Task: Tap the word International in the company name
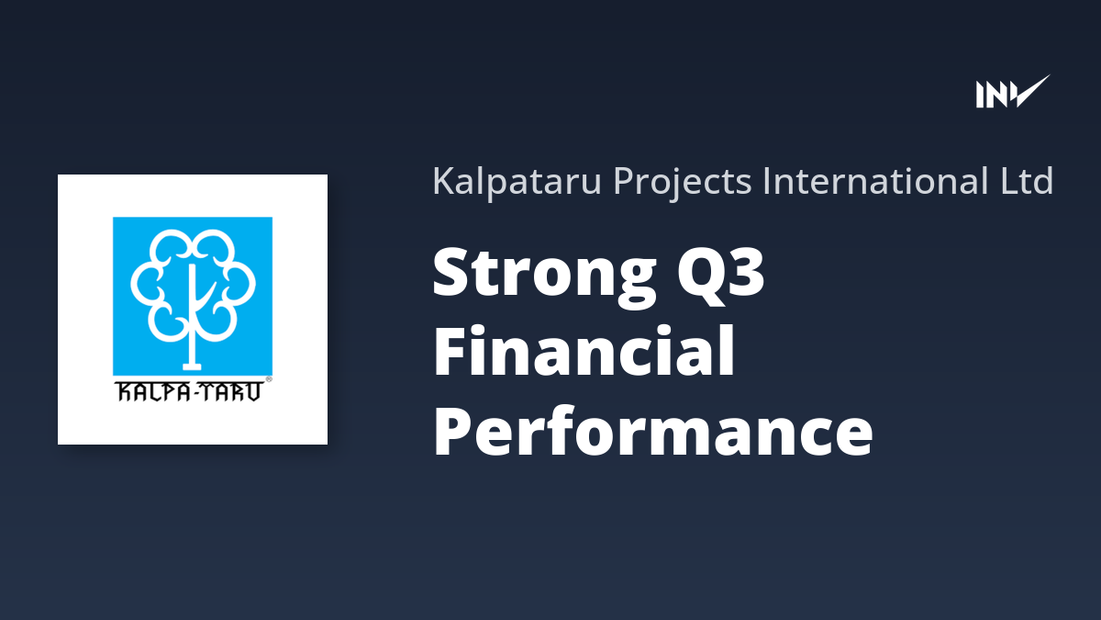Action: click(875, 181)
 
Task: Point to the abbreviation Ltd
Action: click(1027, 181)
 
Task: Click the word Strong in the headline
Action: click(545, 274)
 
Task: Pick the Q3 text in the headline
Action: click(720, 272)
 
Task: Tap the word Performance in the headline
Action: click(652, 431)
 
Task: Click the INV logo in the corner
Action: click(1013, 92)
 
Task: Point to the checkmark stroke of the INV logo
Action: click(1030, 91)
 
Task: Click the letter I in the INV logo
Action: click(980, 95)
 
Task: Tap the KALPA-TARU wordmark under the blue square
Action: click(189, 391)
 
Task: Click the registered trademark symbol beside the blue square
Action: click(269, 379)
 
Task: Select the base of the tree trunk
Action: click(192, 366)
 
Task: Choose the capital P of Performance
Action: click(452, 431)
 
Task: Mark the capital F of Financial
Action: click(450, 350)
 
